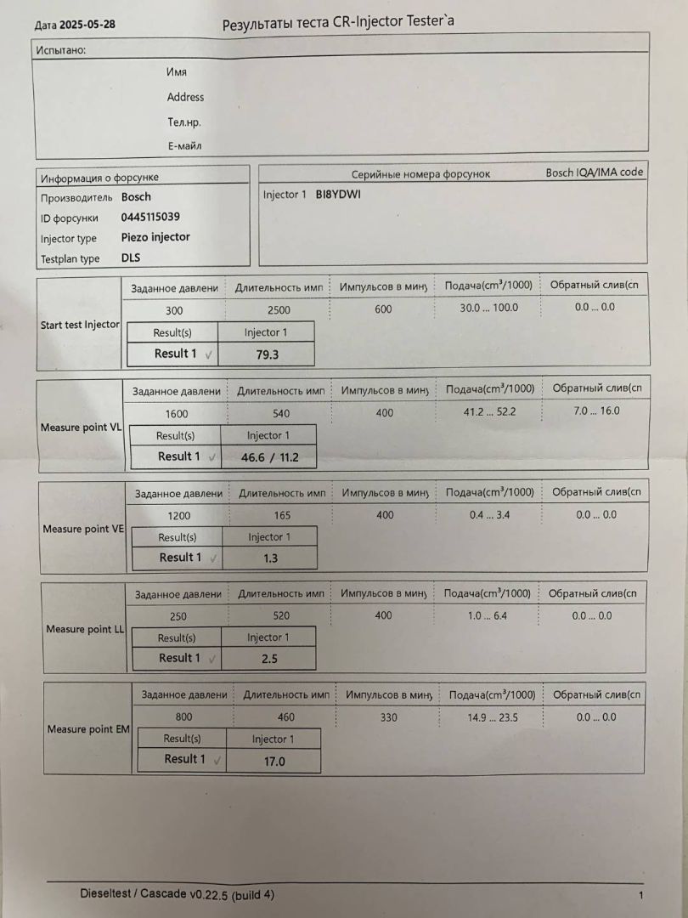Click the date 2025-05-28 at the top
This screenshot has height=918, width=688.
click(x=89, y=24)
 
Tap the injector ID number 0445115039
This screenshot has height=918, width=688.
click(x=150, y=217)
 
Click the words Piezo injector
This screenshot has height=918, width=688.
click(x=155, y=237)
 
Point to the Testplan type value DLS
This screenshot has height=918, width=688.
click(x=132, y=258)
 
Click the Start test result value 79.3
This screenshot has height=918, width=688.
click(x=268, y=354)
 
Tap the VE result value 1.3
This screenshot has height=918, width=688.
click(x=270, y=558)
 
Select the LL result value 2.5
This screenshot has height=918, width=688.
click(x=268, y=659)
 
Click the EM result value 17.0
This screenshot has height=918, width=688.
click(x=274, y=762)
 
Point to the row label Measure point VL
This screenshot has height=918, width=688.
click(x=81, y=427)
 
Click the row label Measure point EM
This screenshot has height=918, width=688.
click(x=88, y=729)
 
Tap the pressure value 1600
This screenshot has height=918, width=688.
click(x=178, y=414)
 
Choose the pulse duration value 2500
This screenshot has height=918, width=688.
click(x=279, y=309)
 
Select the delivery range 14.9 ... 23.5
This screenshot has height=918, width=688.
click(x=493, y=717)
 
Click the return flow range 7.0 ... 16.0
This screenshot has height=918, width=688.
click(x=597, y=411)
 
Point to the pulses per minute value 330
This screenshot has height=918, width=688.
click(x=388, y=717)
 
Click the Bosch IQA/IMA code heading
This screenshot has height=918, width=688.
click(x=594, y=172)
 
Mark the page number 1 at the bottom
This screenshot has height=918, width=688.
click(x=640, y=895)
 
